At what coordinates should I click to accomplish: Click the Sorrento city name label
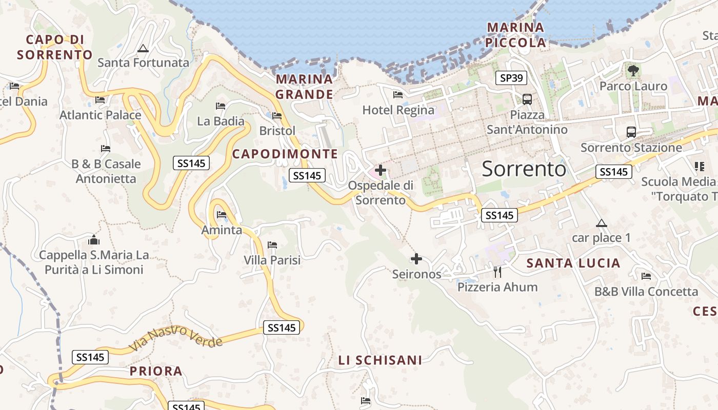[x=524, y=169]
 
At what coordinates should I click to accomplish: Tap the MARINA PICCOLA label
[x=516, y=35]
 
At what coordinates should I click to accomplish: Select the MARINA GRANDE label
[x=305, y=87]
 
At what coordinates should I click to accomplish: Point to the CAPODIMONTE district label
[x=285, y=154]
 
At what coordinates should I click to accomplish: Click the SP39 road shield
[x=511, y=78]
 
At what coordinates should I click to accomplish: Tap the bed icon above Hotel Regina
[x=397, y=94]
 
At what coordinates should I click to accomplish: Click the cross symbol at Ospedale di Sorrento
[x=381, y=170]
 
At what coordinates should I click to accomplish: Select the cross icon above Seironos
[x=416, y=259]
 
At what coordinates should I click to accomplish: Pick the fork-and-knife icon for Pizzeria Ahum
[x=497, y=272]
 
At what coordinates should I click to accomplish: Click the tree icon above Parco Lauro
[x=633, y=70]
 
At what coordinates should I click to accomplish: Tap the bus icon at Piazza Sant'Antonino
[x=527, y=99]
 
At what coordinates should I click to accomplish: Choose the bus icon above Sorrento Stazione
[x=631, y=132]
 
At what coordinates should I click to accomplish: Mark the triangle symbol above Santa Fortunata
[x=143, y=49]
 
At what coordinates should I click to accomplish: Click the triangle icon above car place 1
[x=601, y=223]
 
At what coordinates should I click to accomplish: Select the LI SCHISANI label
[x=380, y=360]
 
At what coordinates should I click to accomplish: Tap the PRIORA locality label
[x=156, y=371]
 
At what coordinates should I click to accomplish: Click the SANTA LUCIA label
[x=573, y=263]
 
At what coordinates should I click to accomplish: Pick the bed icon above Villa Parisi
[x=272, y=245]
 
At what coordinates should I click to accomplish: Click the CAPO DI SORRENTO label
[x=55, y=47]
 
